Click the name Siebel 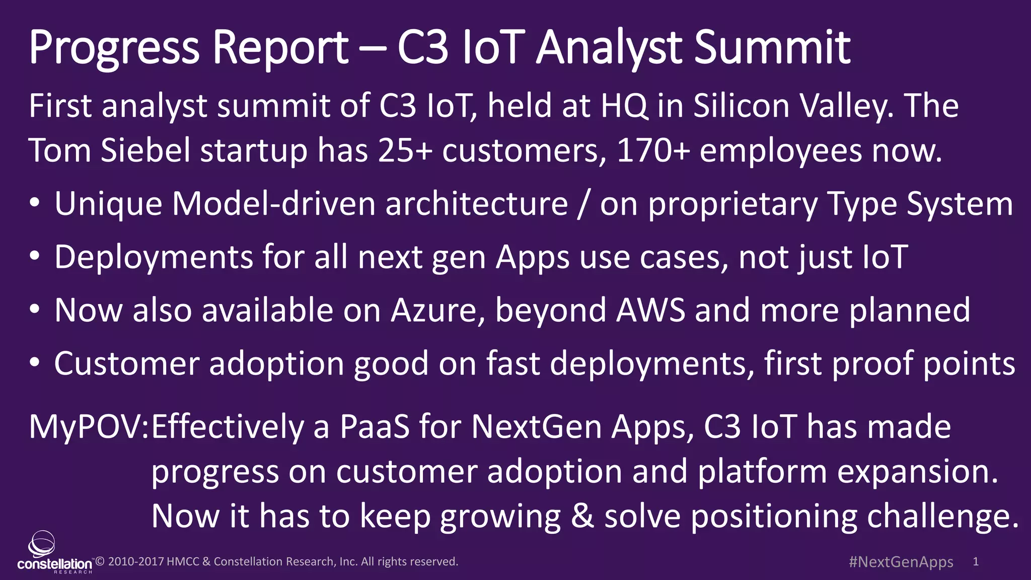click(x=145, y=151)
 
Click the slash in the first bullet click(x=583, y=204)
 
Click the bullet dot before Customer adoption click(x=34, y=362)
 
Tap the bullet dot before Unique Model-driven click(x=34, y=203)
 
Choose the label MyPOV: click(x=89, y=427)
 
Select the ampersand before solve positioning click(x=582, y=517)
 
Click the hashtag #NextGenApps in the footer click(x=901, y=562)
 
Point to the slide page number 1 click(x=976, y=562)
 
